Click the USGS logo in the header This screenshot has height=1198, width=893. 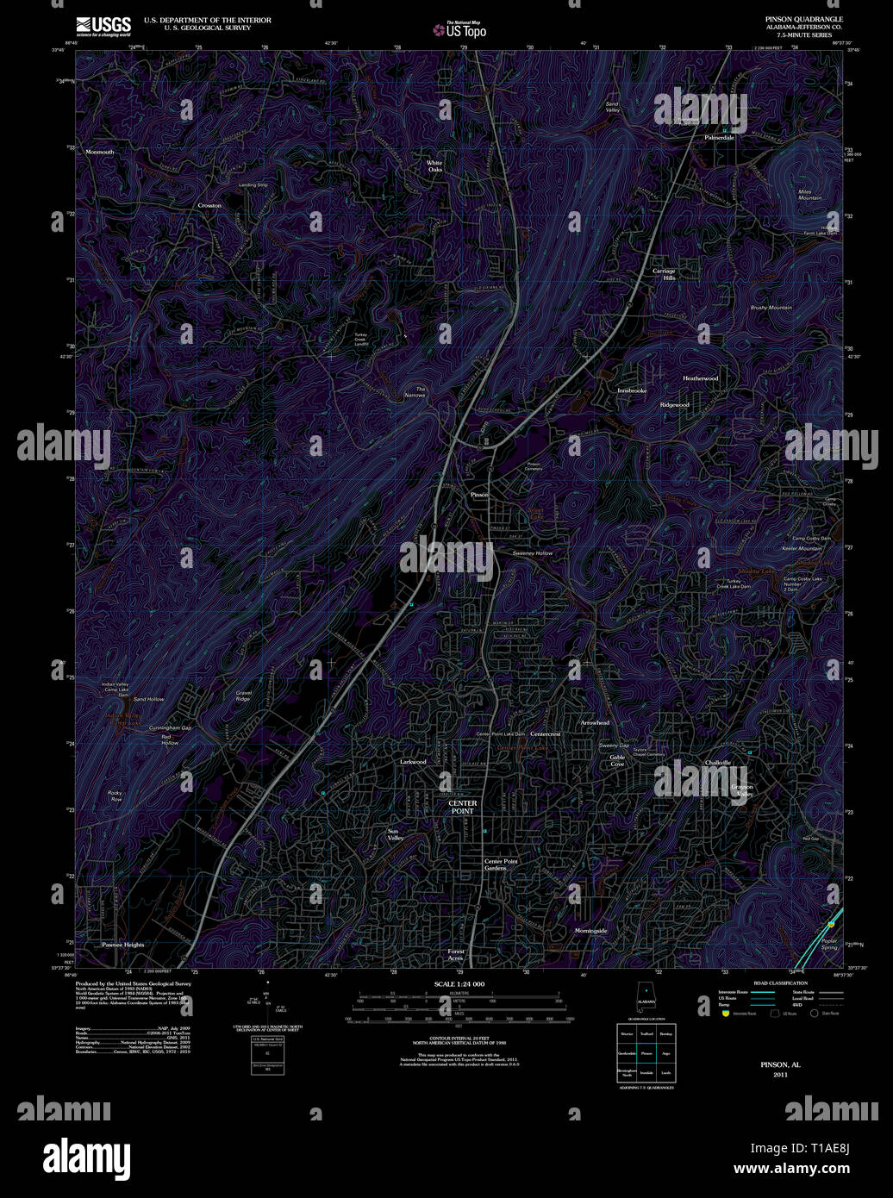pyautogui.click(x=103, y=24)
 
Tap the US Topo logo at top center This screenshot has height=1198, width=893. pyautogui.click(x=460, y=29)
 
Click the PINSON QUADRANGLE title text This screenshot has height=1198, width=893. pyautogui.click(x=804, y=18)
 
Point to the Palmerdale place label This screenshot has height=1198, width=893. pyautogui.click(x=719, y=138)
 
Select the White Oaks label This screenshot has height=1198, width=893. pyautogui.click(x=434, y=165)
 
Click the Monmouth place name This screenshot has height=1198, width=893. pyautogui.click(x=99, y=152)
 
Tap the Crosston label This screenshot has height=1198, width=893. pyautogui.click(x=209, y=206)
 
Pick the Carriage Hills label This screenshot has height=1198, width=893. pyautogui.click(x=664, y=274)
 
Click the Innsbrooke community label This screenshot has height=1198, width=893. pyautogui.click(x=632, y=391)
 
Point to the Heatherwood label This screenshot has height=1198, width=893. pyautogui.click(x=700, y=378)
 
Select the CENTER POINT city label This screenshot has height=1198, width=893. pyautogui.click(x=462, y=807)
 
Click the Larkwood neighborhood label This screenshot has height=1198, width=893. pyautogui.click(x=413, y=762)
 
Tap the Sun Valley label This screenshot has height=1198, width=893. pyautogui.click(x=395, y=834)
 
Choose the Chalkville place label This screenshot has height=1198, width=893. pyautogui.click(x=717, y=763)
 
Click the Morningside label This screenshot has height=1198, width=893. pyautogui.click(x=591, y=931)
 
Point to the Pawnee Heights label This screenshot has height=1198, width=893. pyautogui.click(x=123, y=945)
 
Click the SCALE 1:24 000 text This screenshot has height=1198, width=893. pyautogui.click(x=459, y=984)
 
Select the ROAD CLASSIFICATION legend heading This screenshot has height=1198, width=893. pyautogui.click(x=780, y=983)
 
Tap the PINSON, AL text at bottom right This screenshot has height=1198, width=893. pyautogui.click(x=780, y=1065)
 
